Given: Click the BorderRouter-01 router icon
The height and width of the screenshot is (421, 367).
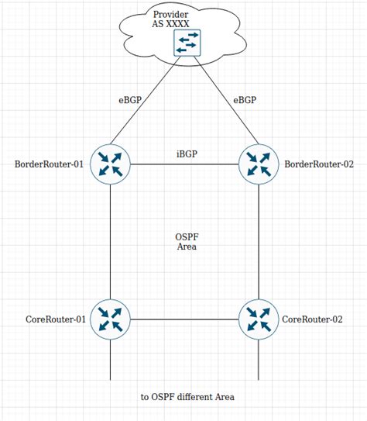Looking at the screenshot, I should pos(110,164).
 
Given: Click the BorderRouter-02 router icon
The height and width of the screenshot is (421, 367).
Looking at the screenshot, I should pos(258,164).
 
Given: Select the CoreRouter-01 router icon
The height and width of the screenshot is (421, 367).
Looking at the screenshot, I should pos(110,319).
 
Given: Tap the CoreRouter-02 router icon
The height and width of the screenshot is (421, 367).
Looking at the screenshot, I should pos(258,319).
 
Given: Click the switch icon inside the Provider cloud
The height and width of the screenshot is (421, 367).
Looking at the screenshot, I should pos(187,43).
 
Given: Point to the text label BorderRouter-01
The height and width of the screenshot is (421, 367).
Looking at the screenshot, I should pos(49,164).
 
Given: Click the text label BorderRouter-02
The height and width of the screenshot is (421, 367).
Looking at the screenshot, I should pos(319,164).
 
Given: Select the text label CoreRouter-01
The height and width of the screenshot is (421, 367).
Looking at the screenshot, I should pos(53,319).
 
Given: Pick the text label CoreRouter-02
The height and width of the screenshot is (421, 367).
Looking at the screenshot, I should pos(312,319).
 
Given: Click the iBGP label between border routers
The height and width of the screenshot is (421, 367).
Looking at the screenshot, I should pos(187,154).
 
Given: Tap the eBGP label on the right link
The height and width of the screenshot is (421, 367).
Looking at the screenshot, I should pos(245,100).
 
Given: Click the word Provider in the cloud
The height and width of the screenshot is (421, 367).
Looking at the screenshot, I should pos(171,14).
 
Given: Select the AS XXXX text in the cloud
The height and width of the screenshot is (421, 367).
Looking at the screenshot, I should pos(171,25).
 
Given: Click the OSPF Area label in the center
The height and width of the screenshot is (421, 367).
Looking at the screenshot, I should pos(187,241).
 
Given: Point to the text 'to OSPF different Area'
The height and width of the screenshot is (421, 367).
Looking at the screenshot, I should pos(187,397).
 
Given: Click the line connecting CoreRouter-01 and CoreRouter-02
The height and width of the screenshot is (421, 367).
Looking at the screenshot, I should pos(184,319).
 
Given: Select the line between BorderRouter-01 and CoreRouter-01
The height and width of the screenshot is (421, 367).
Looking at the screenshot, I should pos(110,240).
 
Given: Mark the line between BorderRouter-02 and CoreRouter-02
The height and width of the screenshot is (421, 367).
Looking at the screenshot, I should pos(258,240).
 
